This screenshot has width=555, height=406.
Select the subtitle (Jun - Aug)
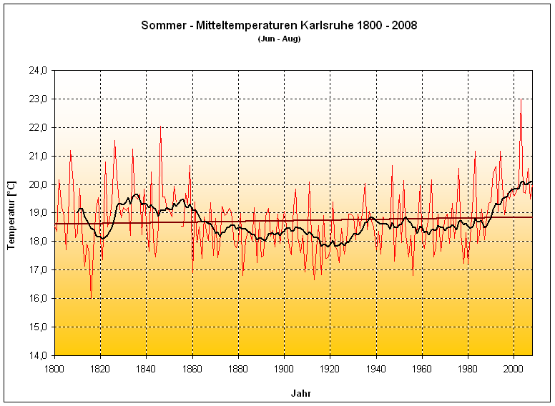[x=279, y=39]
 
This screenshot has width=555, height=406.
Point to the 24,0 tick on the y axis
[x=38, y=70]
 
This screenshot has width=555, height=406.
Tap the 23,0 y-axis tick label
[x=38, y=99]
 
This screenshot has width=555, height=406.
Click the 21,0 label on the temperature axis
[x=38, y=156]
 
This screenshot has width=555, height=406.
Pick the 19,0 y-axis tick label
[x=38, y=213]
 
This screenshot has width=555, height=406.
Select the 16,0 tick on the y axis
[x=38, y=298]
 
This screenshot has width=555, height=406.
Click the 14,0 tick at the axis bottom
[x=38, y=355]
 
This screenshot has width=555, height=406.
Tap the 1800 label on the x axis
[x=54, y=367]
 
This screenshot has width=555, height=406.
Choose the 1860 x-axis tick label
[x=192, y=367]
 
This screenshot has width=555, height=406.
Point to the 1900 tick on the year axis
[x=284, y=367]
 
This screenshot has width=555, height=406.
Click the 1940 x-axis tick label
[x=376, y=367]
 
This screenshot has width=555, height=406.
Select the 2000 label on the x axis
[x=514, y=367]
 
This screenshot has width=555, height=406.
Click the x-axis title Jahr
[x=300, y=393]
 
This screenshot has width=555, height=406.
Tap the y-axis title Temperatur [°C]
[x=11, y=213]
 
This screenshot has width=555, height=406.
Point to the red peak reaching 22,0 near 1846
[x=160, y=128]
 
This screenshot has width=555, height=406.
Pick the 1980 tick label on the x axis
[x=468, y=367]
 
